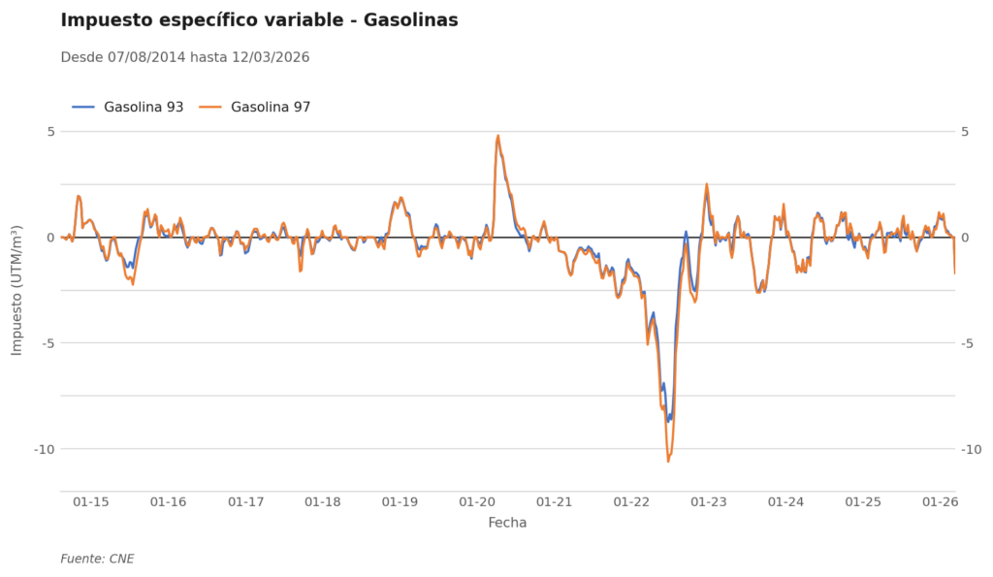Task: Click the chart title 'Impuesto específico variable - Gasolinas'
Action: [259, 20]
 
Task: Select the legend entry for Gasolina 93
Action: [128, 107]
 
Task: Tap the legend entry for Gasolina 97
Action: [255, 107]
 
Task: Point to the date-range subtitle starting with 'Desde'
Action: [185, 57]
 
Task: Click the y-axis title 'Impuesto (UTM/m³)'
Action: [16, 290]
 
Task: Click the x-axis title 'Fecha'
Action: [507, 523]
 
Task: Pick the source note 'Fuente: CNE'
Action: [97, 559]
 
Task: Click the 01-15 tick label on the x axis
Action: [90, 502]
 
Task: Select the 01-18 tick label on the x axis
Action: [322, 502]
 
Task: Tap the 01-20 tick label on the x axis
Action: [477, 502]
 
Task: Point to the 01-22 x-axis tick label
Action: [631, 502]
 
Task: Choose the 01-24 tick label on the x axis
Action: [785, 502]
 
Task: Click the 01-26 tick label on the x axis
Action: [941, 502]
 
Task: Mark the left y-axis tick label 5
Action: [51, 132]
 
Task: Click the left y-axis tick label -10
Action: [45, 449]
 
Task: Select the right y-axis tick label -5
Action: [967, 343]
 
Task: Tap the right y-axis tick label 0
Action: [965, 238]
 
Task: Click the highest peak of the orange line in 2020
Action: [497, 136]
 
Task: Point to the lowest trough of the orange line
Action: [667, 461]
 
